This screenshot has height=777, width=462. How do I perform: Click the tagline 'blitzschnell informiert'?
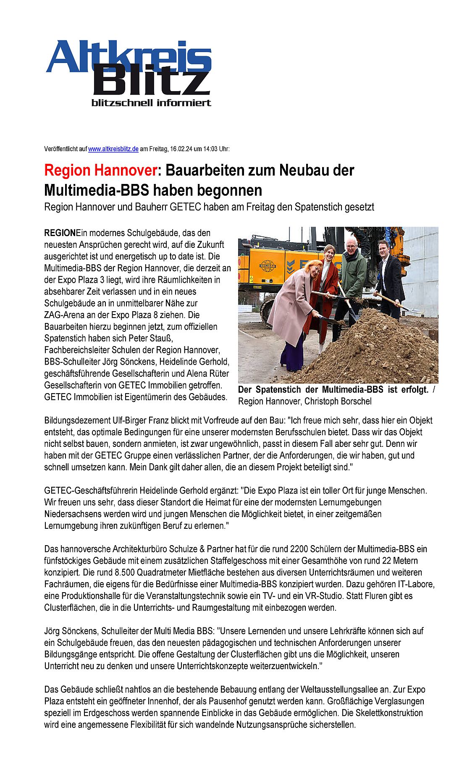(x=151, y=103)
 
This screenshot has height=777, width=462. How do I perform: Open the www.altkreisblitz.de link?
(x=113, y=149)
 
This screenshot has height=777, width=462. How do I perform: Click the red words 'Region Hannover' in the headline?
(x=100, y=171)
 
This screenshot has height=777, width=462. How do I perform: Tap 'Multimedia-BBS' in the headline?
(x=97, y=190)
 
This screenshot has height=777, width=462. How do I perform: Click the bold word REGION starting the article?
(x=60, y=233)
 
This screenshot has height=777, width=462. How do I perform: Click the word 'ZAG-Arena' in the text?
(x=62, y=315)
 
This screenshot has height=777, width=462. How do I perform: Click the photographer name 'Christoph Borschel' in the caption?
(x=338, y=402)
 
